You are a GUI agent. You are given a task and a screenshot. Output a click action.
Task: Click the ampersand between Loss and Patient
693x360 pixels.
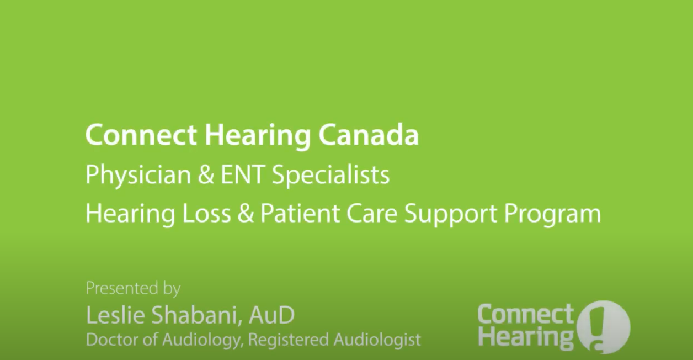click(247, 214)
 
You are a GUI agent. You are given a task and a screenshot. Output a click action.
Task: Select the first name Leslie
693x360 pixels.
click(113, 315)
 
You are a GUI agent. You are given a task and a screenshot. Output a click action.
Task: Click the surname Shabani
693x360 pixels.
click(193, 315)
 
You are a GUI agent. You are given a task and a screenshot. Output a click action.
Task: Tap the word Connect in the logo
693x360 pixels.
click(525, 315)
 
